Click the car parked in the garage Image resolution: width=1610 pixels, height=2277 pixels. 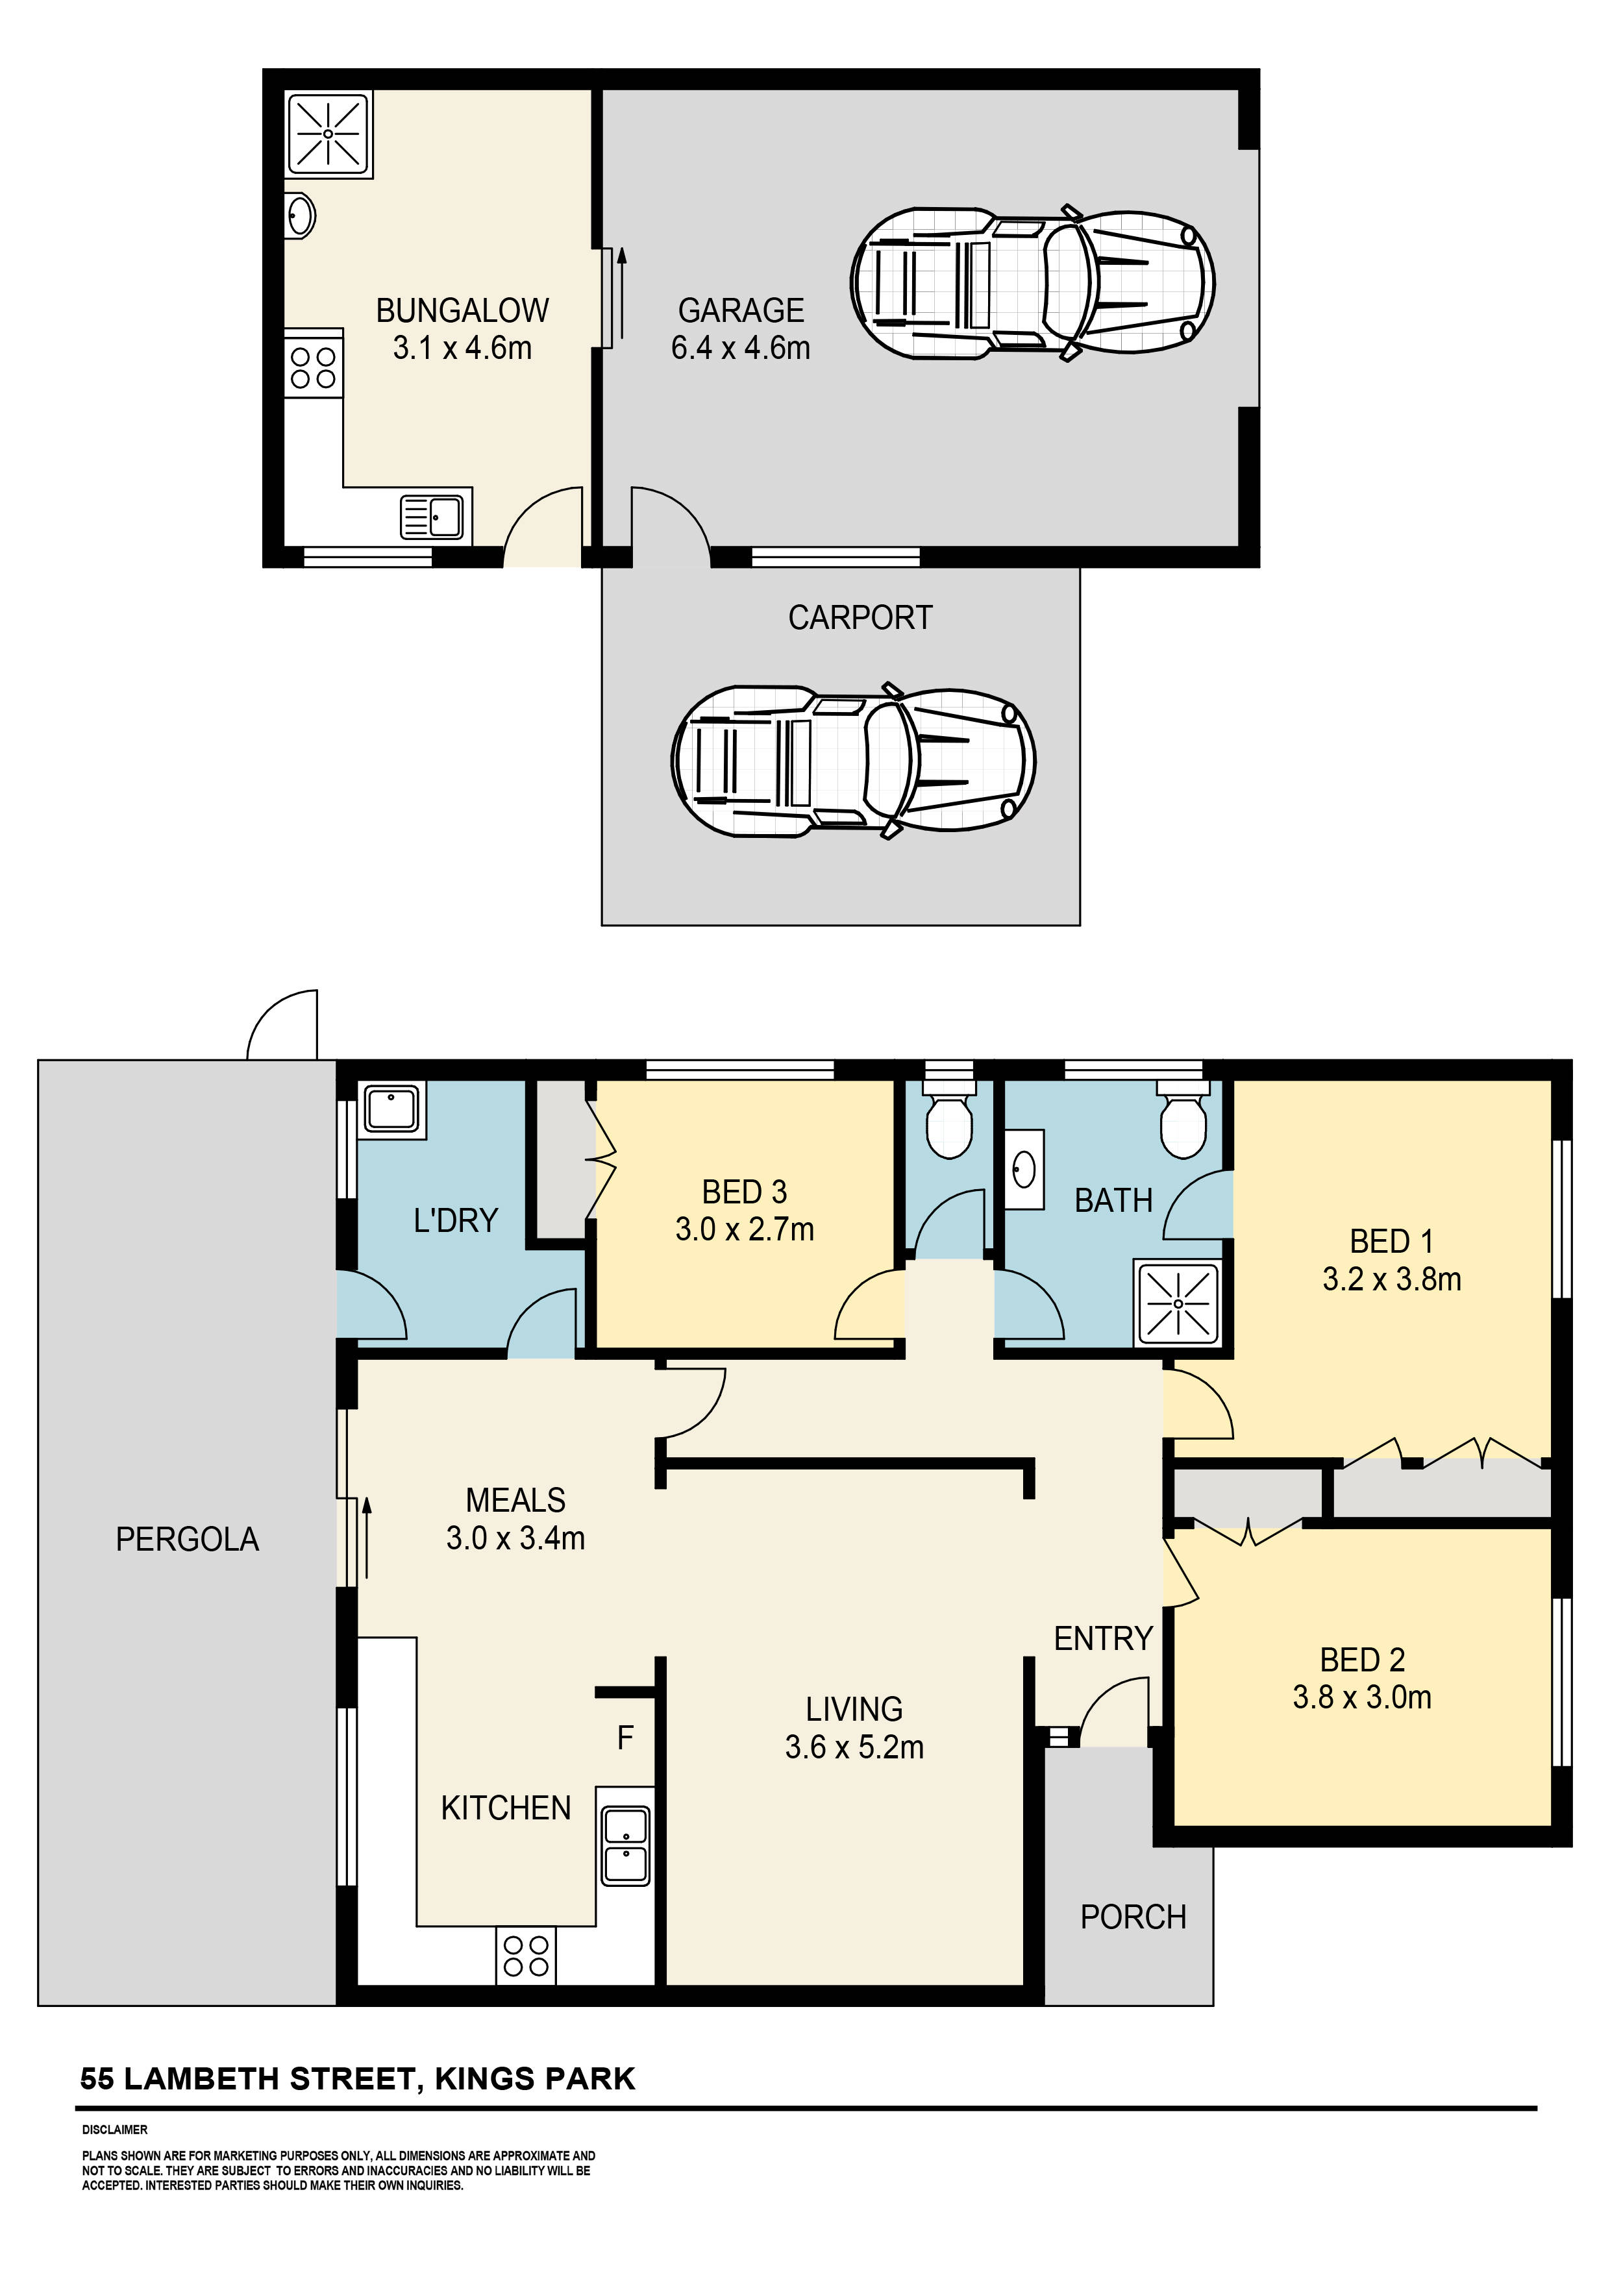pyautogui.click(x=1032, y=284)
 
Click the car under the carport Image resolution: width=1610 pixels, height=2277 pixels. pyautogui.click(x=853, y=761)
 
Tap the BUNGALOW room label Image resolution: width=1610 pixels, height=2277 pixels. pyautogui.click(x=462, y=310)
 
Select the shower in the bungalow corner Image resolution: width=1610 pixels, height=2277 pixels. pyautogui.click(x=327, y=134)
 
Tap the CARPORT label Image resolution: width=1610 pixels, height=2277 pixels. pyautogui.click(x=860, y=618)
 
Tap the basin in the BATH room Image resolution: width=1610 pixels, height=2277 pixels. pyautogui.click(x=1024, y=1171)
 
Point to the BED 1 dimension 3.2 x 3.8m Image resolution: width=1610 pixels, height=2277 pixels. pyautogui.click(x=1391, y=1280)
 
